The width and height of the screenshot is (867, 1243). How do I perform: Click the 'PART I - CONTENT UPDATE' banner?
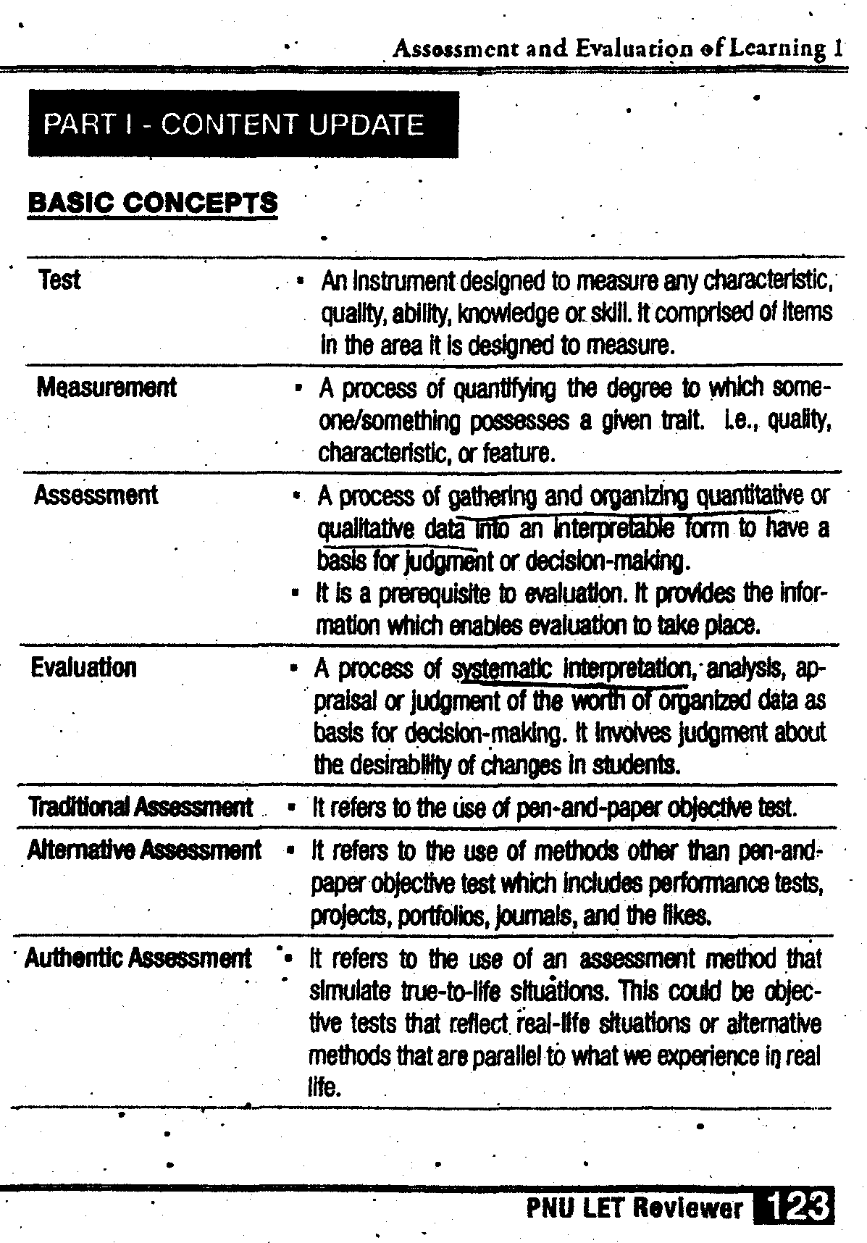coord(243,125)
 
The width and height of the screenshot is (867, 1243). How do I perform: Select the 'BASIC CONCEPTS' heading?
coord(152,202)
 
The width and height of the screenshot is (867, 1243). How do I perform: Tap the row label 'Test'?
coord(59,280)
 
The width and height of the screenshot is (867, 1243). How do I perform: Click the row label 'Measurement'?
coord(106,388)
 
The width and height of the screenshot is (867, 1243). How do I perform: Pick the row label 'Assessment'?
coord(96,495)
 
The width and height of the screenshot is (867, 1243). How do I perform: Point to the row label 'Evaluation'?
coord(83,667)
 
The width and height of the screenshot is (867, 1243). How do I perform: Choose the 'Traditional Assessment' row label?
coord(141,806)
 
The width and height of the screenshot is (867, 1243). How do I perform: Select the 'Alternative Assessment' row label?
coord(144,849)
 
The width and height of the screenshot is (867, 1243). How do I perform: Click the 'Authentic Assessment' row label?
coord(138,958)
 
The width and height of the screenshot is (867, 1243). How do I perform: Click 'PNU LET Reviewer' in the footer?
coord(634,1208)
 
